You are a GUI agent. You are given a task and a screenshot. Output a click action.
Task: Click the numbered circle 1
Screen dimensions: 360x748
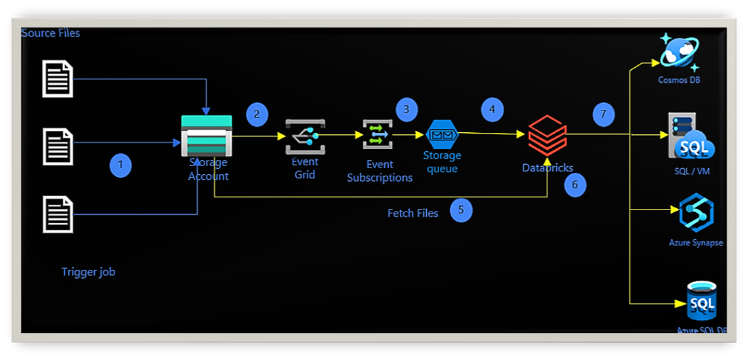(121, 165)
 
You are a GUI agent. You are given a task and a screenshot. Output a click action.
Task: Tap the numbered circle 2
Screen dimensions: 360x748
(256, 114)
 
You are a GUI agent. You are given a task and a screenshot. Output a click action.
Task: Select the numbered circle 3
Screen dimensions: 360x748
(407, 109)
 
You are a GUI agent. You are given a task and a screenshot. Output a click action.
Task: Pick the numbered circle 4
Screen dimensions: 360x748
(493, 109)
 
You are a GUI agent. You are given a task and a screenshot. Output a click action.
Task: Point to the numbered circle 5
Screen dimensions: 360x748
(461, 210)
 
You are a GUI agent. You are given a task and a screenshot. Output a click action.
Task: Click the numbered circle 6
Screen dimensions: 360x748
(575, 184)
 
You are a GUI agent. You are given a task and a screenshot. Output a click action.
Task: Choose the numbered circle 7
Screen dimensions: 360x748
(603, 114)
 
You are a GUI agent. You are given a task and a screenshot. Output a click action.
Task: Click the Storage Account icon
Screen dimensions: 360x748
(207, 135)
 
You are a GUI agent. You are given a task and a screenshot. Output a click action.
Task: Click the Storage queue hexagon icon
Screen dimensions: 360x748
(442, 134)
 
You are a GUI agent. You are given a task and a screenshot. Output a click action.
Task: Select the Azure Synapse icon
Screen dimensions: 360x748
(697, 213)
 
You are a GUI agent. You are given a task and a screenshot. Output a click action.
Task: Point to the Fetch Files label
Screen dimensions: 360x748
(413, 213)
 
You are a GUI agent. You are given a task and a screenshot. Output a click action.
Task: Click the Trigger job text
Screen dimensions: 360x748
(88, 272)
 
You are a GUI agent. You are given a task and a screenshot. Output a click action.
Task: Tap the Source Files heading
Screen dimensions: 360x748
(51, 33)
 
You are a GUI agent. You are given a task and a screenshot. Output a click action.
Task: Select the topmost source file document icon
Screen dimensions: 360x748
(58, 78)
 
